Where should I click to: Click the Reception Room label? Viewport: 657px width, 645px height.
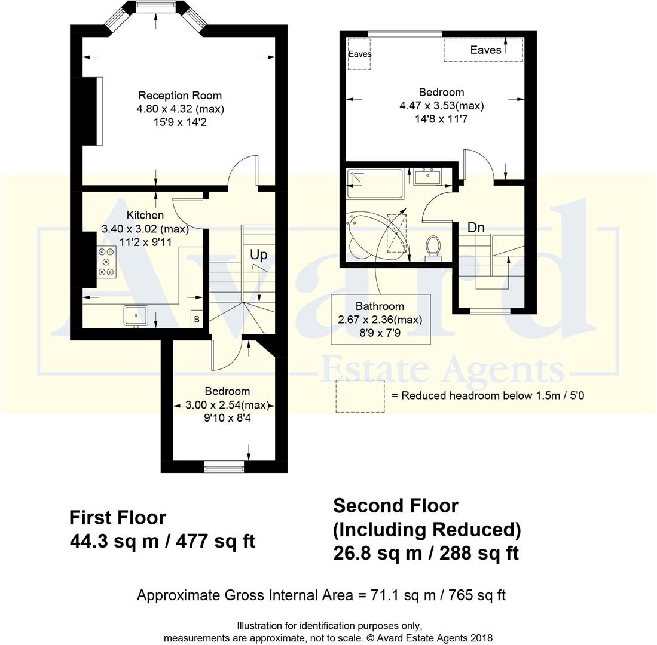(180, 96)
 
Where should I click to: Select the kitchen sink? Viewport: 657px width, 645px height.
(136, 315)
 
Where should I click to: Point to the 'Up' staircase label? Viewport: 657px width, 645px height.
(258, 255)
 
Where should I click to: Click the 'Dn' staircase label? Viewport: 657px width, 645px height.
(476, 228)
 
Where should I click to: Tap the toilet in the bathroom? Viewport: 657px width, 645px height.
(433, 247)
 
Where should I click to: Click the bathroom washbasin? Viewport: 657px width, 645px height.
(427, 177)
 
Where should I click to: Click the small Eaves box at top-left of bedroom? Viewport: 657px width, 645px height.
(359, 54)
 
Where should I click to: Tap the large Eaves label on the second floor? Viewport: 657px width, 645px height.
(485, 50)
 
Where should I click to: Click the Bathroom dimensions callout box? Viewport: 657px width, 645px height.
(380, 319)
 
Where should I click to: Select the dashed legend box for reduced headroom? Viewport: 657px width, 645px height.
(360, 396)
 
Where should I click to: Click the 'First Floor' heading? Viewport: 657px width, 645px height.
(118, 517)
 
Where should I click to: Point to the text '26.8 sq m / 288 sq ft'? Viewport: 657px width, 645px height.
(426, 554)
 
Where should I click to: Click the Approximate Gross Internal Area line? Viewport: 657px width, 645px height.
(321, 595)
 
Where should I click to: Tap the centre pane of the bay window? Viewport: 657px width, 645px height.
(157, 7)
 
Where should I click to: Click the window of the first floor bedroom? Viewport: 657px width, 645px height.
(224, 467)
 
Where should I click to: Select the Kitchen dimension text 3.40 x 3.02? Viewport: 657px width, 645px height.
(145, 229)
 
